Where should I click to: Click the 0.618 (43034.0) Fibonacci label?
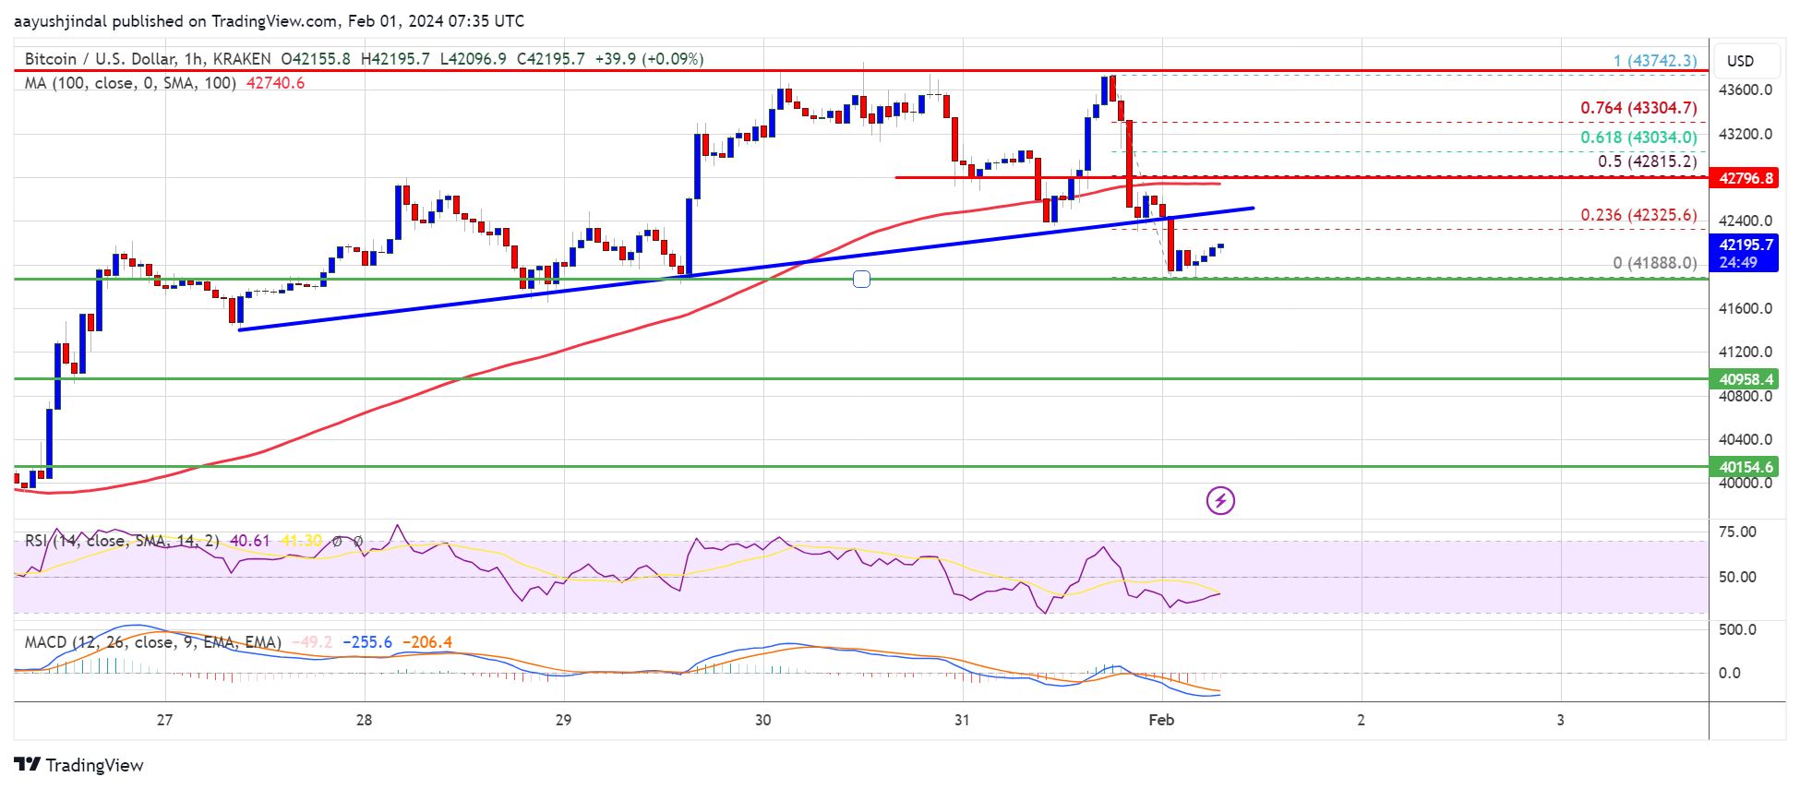point(1638,137)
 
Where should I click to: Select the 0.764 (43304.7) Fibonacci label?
point(1638,108)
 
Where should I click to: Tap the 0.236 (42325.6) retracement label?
point(1638,215)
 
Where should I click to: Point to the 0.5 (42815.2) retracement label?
point(1647,161)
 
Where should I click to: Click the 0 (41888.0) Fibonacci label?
point(1654,263)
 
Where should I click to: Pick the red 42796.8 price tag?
point(1746,178)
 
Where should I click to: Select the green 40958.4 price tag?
point(1746,379)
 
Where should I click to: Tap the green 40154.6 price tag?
point(1746,467)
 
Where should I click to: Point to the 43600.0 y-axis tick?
point(1745,90)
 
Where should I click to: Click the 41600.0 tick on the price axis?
point(1745,308)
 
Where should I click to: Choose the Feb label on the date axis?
point(1161,720)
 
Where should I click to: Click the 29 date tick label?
point(563,720)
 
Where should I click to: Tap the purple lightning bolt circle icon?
point(1220,501)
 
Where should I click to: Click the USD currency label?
point(1740,61)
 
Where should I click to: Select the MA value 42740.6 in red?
point(275,83)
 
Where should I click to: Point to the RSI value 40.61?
point(250,541)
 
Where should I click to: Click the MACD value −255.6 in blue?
point(367,642)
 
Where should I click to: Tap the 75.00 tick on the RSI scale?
point(1737,532)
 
